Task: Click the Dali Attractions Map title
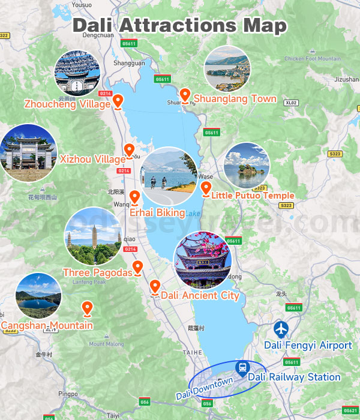coord(180,26)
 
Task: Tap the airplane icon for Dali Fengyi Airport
coord(280,329)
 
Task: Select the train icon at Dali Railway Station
coord(242,367)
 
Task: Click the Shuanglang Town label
coord(235,99)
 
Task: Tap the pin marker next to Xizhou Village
coord(128,150)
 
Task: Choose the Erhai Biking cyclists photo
coord(169,175)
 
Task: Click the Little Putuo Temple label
coord(253,196)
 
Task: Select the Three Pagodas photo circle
coord(92,236)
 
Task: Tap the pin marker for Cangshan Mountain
coord(88,308)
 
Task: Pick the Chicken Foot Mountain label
coord(313,59)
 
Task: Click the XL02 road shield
coord(292,103)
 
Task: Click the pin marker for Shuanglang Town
coord(186,95)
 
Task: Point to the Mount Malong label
coord(105,344)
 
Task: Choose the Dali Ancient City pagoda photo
coord(202,259)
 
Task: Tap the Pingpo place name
coord(68,394)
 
